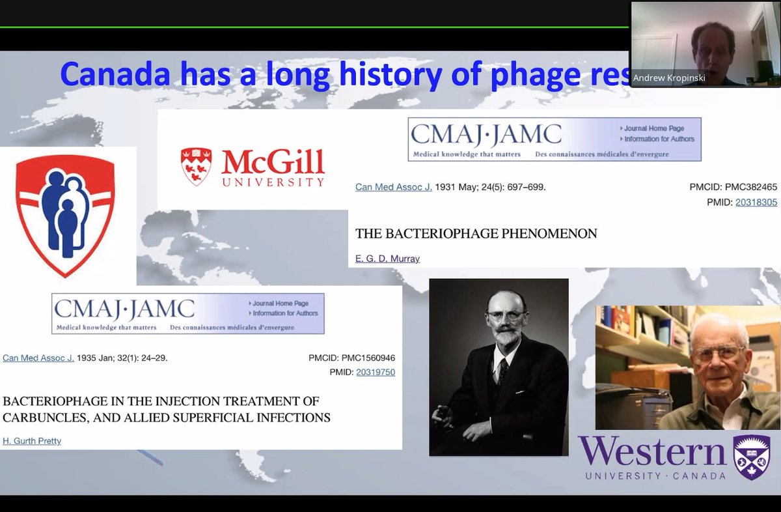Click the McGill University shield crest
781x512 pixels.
tap(196, 166)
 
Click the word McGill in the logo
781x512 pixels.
tap(273, 161)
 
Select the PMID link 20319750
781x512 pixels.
tap(376, 373)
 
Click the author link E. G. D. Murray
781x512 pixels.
tap(387, 259)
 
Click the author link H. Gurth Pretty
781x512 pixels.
tap(32, 441)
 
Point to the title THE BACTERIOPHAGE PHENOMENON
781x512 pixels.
tap(476, 233)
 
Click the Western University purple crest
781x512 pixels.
tap(751, 457)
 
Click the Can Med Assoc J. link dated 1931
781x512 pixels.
tap(393, 187)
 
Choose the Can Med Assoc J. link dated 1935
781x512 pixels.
tap(38, 358)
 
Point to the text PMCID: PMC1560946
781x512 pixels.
tap(351, 358)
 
